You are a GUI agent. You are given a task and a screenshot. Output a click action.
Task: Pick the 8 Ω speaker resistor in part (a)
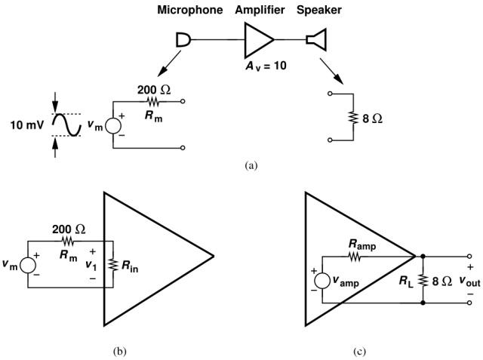coord(352,118)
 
